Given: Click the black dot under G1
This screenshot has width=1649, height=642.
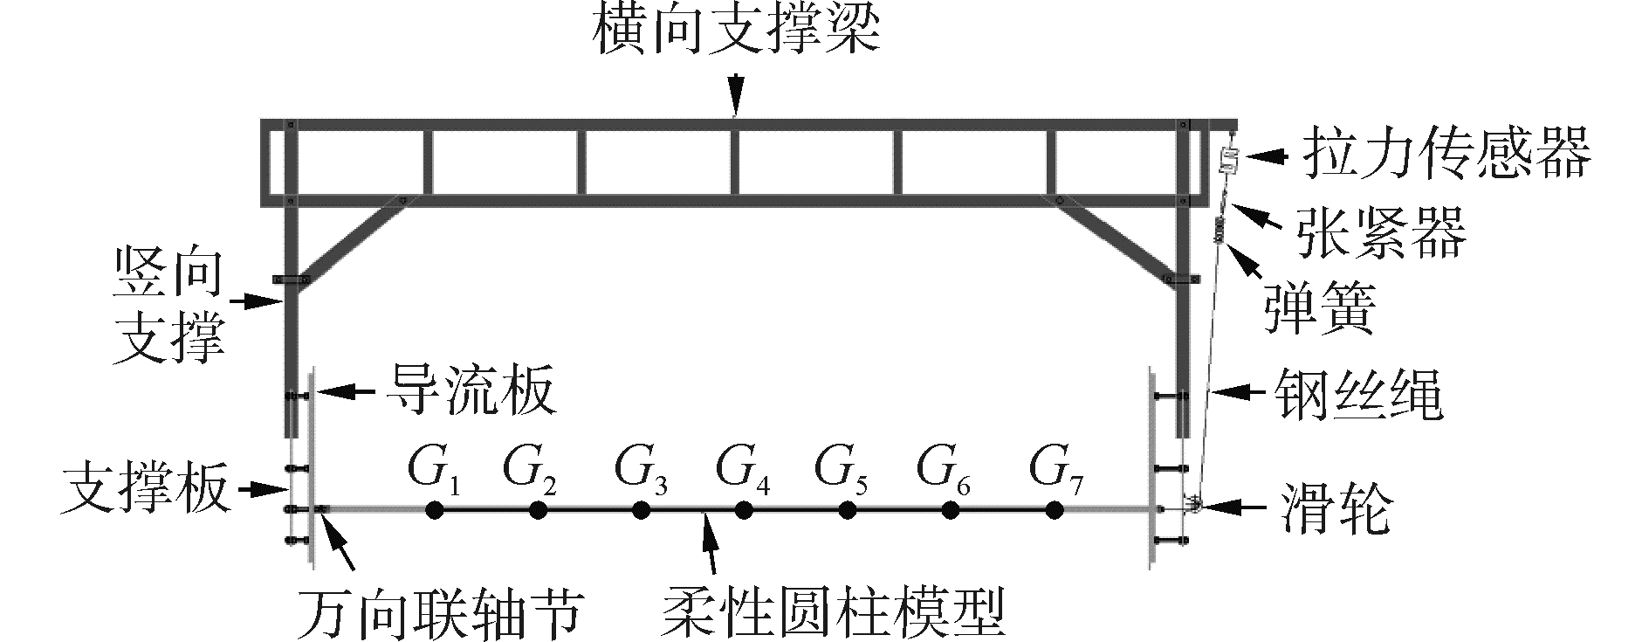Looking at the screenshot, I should (x=434, y=510).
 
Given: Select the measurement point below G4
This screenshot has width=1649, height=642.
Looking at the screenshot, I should (x=743, y=510).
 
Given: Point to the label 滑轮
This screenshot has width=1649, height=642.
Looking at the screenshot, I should (x=1335, y=507).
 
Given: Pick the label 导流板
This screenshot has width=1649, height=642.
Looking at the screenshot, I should (x=471, y=390).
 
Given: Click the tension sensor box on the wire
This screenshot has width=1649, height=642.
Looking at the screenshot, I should (x=1229, y=160).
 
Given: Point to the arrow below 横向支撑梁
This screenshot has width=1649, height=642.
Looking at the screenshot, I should (x=736, y=92).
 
